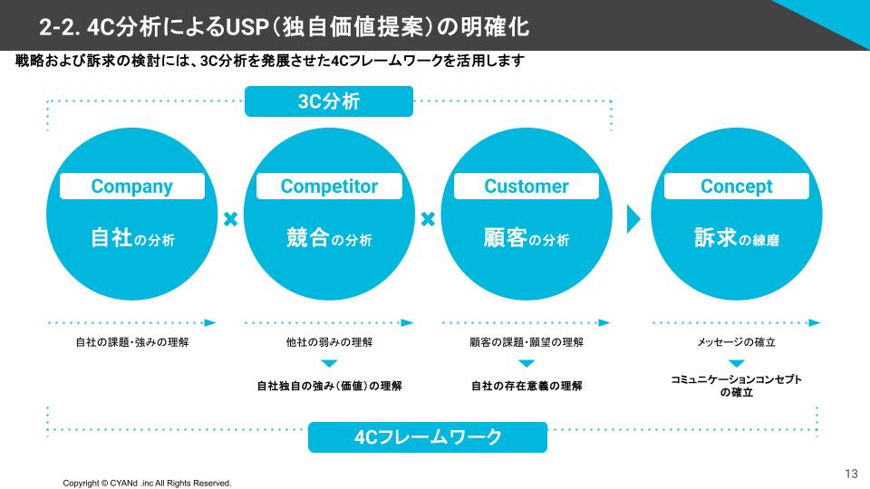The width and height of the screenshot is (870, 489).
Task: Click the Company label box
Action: point(131,187)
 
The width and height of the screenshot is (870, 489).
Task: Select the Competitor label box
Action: point(329,187)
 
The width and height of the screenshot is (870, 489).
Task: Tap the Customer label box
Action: point(527,187)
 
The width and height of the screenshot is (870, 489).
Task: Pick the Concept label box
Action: point(736,187)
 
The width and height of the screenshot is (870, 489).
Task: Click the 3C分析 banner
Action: point(329,101)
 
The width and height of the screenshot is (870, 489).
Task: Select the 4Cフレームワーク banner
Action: point(428,437)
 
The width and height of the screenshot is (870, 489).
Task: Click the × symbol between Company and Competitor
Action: point(230,219)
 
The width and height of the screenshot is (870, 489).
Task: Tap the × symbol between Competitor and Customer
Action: point(428,219)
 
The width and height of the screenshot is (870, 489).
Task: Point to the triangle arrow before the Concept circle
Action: point(633,220)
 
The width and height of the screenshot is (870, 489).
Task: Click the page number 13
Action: point(850,474)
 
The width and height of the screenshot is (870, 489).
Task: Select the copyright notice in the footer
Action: point(147,483)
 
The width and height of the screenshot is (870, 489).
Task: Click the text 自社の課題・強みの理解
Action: point(131,343)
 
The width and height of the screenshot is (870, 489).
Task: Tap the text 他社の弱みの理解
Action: point(329,343)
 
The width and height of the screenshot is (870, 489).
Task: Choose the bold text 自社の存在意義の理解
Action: point(527,386)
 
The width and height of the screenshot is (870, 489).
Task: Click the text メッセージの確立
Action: point(736,343)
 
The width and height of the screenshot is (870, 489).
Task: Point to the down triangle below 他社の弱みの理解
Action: point(329,364)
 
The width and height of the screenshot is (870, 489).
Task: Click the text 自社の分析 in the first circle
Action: point(131,239)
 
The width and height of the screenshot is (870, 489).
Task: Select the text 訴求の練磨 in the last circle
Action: point(736,239)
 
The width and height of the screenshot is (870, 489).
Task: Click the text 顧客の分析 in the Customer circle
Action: point(527,239)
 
